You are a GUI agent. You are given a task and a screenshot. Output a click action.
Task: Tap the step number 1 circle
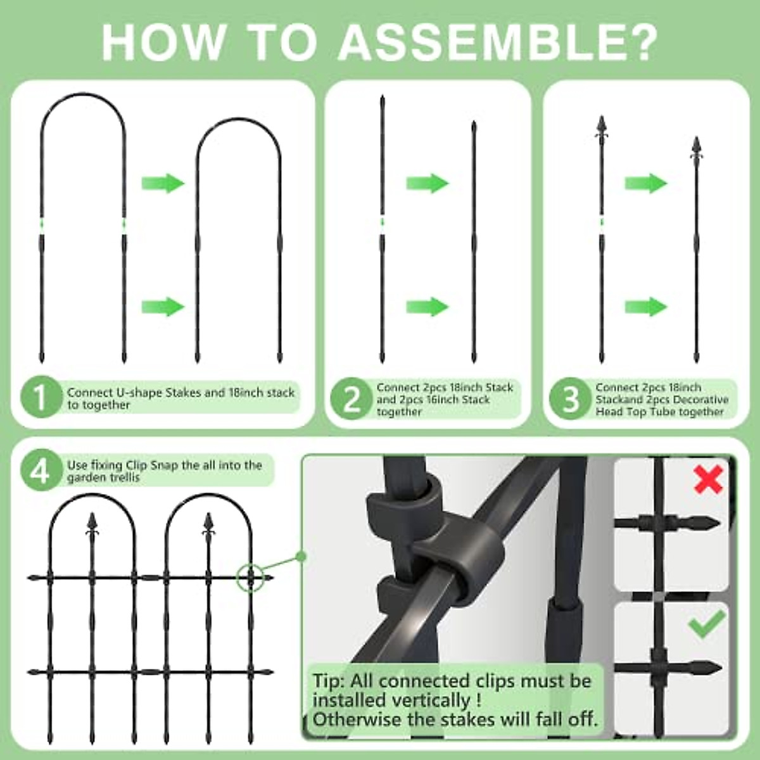40,398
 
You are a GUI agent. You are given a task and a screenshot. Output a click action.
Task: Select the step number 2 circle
350,400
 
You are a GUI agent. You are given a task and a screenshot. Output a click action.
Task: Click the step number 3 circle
569,400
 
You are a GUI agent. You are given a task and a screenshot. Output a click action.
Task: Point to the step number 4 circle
40,471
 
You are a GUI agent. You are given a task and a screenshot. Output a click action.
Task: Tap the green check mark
707,624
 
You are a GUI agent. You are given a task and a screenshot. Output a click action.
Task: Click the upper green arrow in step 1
162,184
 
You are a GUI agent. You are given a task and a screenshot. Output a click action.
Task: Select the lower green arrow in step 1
162,307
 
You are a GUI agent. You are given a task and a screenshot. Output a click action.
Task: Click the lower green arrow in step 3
646,307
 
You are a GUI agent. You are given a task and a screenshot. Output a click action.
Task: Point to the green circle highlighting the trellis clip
251,578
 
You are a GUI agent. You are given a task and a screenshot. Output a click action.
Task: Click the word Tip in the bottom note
328,681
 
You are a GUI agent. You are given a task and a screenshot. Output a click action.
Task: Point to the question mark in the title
638,42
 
